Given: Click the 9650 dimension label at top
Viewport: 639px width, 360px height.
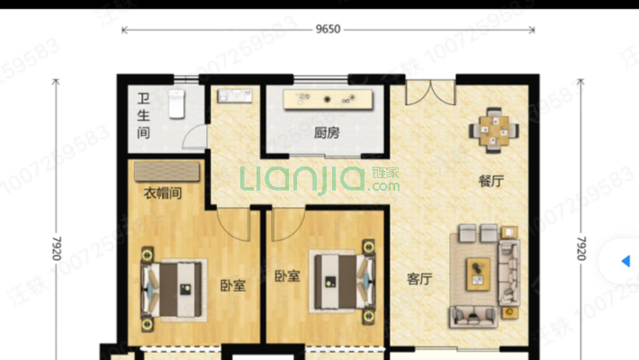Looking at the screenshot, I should point(328,29).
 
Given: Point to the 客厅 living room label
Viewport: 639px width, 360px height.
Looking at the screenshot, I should point(418,279).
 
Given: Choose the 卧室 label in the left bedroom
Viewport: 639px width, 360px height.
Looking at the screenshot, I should point(232,286).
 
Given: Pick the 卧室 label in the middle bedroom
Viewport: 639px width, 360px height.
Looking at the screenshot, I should point(287,276).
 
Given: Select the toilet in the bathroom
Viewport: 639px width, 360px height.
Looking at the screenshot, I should point(176,104).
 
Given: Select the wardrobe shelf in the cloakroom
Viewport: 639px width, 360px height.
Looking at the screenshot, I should point(167,172).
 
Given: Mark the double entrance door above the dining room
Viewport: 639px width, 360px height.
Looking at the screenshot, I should point(429,91).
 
